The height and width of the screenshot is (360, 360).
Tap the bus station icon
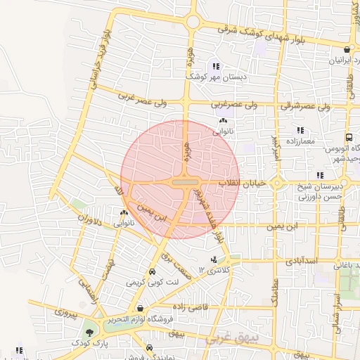[348, 138]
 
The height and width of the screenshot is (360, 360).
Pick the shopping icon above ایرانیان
[348, 49]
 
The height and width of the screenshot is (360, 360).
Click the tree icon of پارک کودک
[89, 333]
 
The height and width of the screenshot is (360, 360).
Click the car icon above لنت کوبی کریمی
[151, 272]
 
